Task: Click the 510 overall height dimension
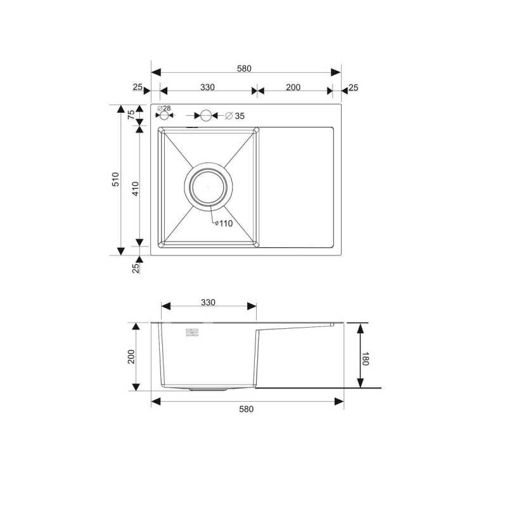[115, 179]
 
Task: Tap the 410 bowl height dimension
[136, 188]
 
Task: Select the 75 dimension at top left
[131, 115]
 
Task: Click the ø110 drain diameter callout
[224, 224]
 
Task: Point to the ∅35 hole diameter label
[234, 116]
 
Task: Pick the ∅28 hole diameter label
[164, 108]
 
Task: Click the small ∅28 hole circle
[164, 115]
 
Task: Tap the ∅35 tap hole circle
[205, 115]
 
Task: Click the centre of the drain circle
[209, 186]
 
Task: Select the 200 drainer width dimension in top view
[293, 87]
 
